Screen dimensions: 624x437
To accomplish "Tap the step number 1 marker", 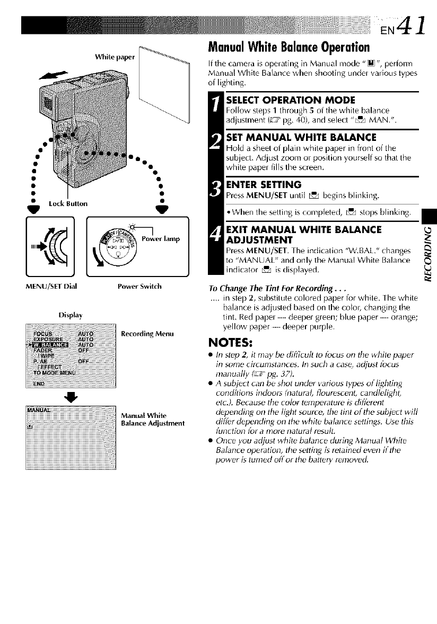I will [x=216, y=115].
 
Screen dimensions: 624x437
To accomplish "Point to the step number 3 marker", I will [x=216, y=193].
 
